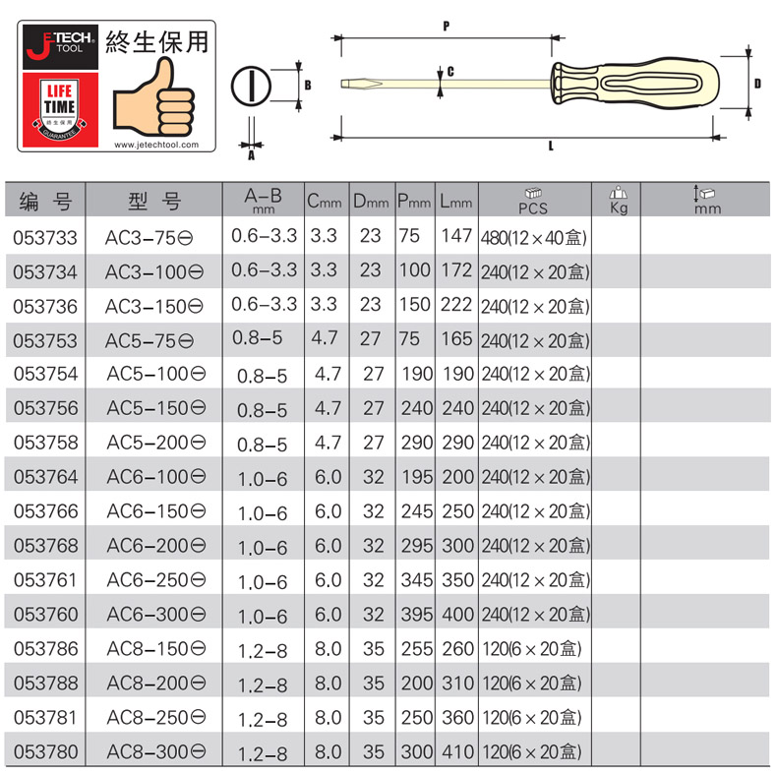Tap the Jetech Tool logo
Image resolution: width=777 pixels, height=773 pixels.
[x=60, y=46]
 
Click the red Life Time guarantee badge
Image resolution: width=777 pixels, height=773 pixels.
[x=60, y=109]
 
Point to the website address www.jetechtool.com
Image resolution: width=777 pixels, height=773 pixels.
[x=156, y=145]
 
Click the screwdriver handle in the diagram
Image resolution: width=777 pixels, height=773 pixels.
[x=634, y=83]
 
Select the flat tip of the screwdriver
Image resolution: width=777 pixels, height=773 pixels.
[x=361, y=84]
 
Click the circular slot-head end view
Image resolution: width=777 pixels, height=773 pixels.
[x=251, y=87]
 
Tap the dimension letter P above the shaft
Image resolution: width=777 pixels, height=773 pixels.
[x=447, y=26]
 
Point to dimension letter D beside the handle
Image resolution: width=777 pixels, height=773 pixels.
[x=757, y=84]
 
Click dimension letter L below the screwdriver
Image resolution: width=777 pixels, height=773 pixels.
[x=551, y=146]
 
